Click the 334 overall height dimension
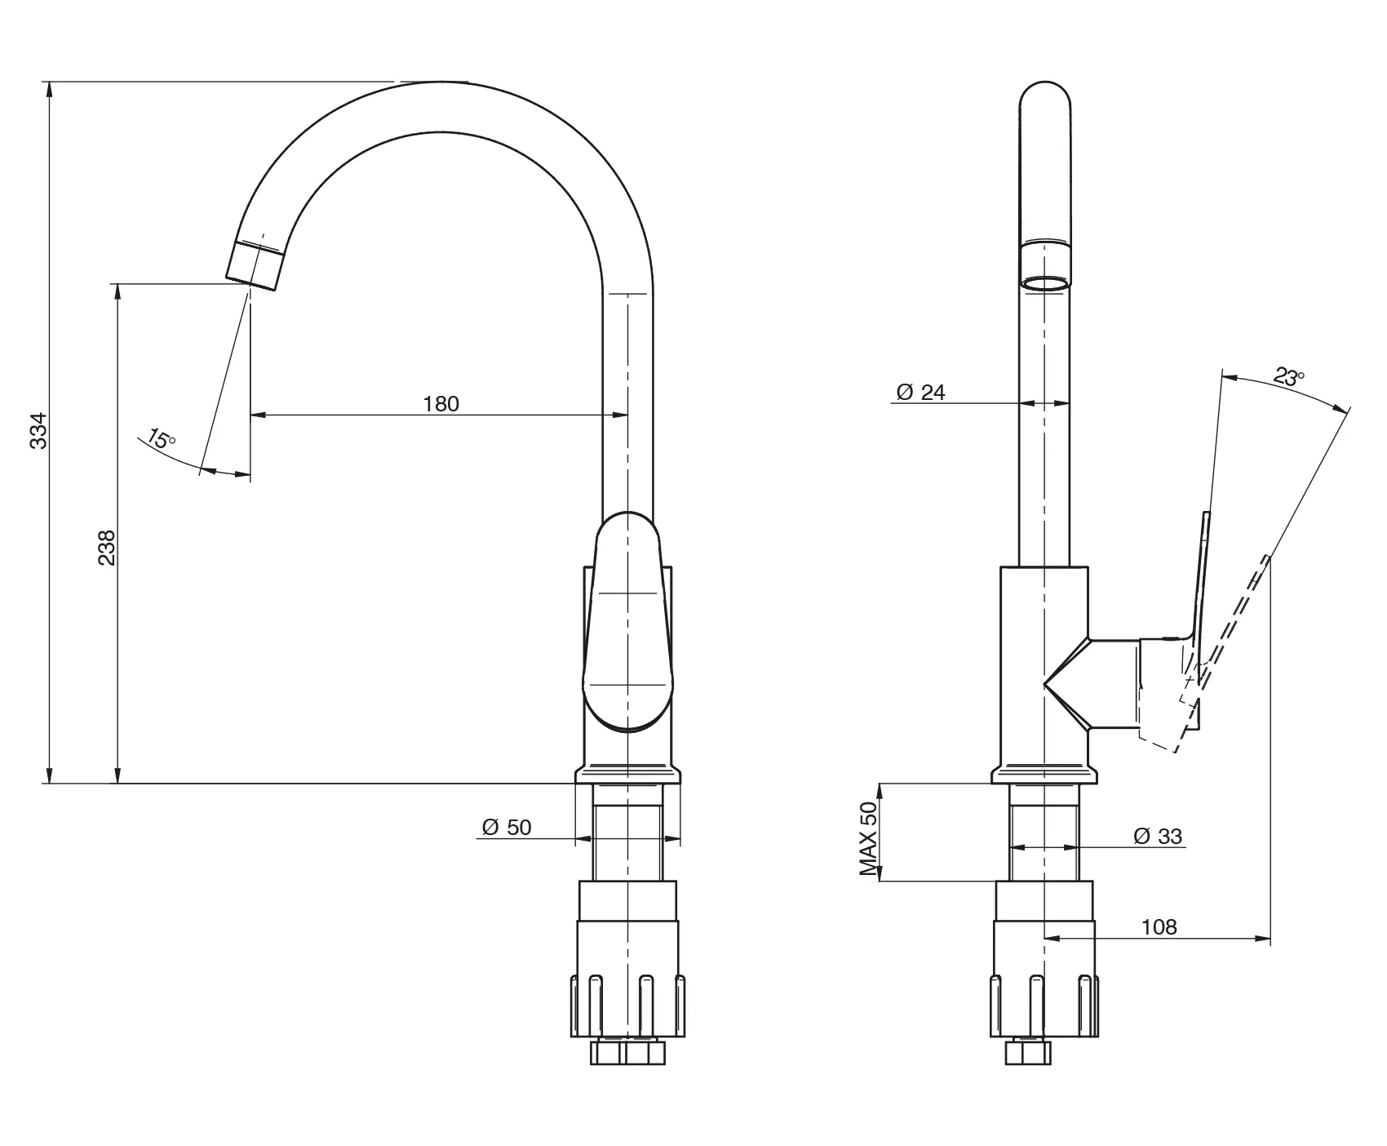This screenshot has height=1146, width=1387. click(38, 431)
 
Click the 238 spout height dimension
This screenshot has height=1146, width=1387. click(107, 548)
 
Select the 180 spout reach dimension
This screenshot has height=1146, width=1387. click(441, 403)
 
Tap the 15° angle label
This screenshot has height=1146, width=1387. click(162, 439)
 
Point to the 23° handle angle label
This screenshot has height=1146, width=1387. click(1289, 377)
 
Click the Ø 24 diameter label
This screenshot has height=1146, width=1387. click(920, 393)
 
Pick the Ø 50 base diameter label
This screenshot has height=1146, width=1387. click(507, 828)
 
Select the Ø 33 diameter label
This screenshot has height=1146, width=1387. click(1158, 836)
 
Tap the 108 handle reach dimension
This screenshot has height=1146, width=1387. click(1159, 927)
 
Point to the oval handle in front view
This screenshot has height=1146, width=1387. click(628, 620)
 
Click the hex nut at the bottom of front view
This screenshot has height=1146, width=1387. click(627, 1051)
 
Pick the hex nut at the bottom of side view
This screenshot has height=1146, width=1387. click(1027, 1051)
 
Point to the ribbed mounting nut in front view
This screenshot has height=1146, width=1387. click(627, 1004)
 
